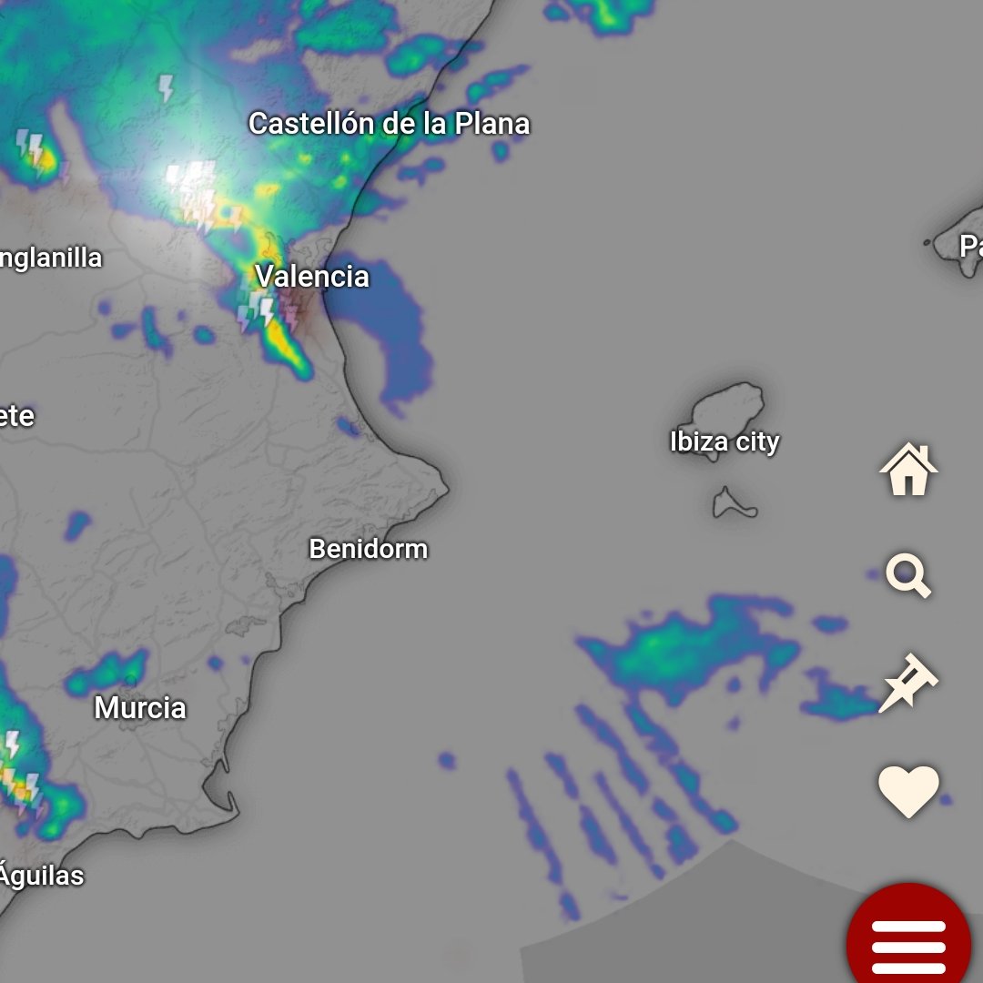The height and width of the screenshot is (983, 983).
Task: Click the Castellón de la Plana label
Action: coord(389,124)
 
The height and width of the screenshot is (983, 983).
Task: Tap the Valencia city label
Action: coord(312,276)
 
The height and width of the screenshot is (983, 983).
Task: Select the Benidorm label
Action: coord(368,549)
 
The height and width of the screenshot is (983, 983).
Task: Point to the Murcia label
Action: coord(140,707)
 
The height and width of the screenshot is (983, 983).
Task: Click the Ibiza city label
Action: coord(725,441)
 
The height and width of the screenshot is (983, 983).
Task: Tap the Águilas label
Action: coord(41,876)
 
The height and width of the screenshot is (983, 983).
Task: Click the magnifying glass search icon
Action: coord(908,577)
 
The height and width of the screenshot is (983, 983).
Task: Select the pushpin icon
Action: coord(907,683)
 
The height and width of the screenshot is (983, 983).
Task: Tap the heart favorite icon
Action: coord(908,789)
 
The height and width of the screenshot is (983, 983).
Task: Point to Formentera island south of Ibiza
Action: coord(734,504)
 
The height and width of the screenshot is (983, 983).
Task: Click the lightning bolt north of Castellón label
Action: coord(166,88)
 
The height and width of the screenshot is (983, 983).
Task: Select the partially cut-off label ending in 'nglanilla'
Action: coord(50,258)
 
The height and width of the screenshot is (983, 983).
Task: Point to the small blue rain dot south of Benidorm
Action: coord(446,760)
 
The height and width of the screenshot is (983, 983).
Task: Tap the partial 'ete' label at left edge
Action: coord(16,416)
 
